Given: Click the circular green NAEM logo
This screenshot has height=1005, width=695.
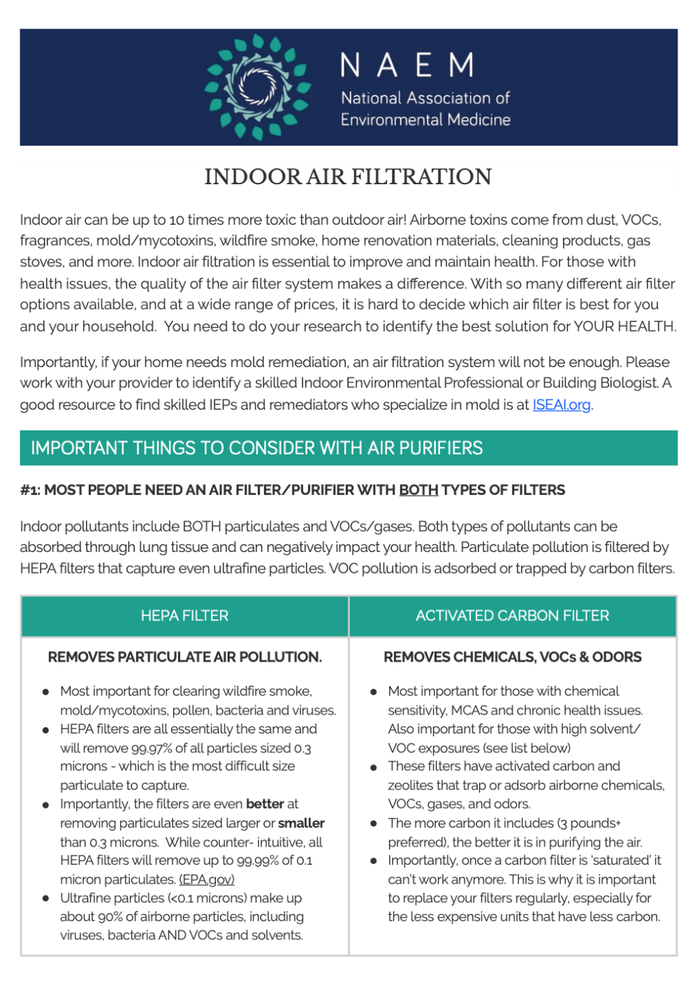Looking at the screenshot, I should click(x=257, y=87).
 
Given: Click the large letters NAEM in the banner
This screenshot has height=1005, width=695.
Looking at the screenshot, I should click(x=408, y=66).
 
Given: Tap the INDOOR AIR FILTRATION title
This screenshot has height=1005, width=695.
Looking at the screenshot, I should click(x=348, y=177).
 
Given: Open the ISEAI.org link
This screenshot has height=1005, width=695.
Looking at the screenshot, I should click(x=562, y=405).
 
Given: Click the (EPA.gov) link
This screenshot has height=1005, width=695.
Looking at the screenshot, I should click(x=207, y=879).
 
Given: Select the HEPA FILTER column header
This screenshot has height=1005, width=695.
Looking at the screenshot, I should click(x=184, y=616).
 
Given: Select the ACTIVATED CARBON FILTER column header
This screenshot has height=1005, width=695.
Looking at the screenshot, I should click(x=512, y=616).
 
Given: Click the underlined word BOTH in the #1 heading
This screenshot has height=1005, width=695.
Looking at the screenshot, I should click(x=418, y=490).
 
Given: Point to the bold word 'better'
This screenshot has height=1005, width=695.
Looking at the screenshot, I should click(x=265, y=804).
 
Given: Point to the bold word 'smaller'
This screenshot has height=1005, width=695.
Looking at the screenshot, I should click(x=301, y=823).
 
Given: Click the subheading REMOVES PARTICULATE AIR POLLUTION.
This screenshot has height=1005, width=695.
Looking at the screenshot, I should click(x=184, y=657).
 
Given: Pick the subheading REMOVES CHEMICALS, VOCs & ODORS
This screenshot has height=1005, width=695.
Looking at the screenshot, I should click(x=512, y=657).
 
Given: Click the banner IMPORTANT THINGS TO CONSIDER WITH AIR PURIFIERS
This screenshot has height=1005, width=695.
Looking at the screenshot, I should click(x=257, y=448).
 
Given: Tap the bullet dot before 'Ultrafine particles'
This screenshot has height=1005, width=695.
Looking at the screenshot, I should click(x=45, y=898).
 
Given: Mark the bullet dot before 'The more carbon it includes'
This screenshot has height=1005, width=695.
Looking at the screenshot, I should click(x=374, y=824).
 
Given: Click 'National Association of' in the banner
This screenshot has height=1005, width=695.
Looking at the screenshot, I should click(x=425, y=98).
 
